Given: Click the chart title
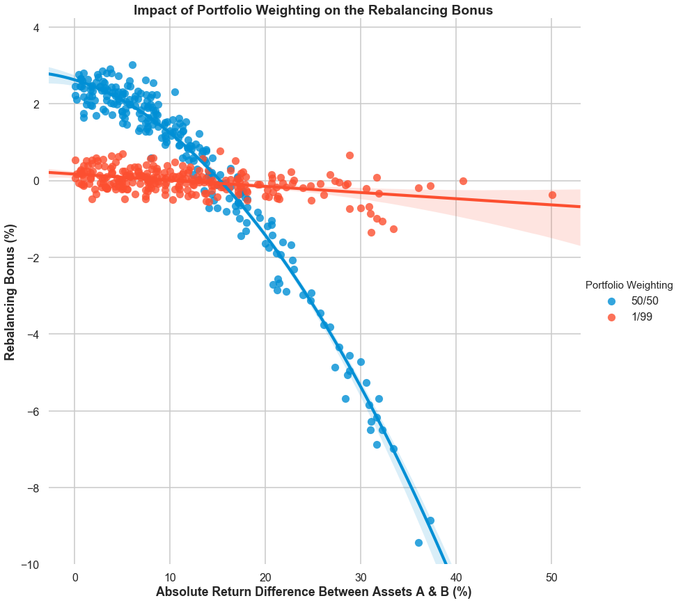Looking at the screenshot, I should pos(313,10).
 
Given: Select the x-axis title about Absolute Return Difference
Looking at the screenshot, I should pos(313,592).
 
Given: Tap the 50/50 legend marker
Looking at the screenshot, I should pos(612,301).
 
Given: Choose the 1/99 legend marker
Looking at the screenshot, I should pos(612,316).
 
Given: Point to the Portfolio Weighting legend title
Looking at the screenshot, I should pos(629,284).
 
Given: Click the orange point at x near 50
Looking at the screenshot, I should pos(552,195).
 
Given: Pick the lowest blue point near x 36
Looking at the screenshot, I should pos(418,542).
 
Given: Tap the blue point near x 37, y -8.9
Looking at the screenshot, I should pos(430,520).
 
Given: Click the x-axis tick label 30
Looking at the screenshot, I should pos(360,577).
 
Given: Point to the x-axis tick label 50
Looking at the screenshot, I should pos(551,577).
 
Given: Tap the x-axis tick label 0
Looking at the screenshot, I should pos(74,577).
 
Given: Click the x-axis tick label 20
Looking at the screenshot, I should pos(265,577).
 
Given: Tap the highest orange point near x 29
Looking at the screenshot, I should pos(350,155).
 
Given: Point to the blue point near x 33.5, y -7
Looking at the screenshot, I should pos(393,449).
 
